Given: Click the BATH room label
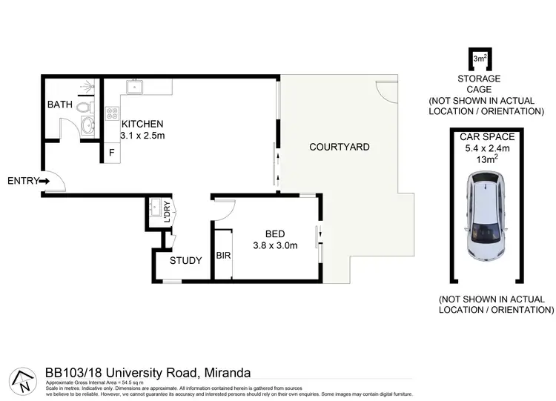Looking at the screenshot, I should [60, 105].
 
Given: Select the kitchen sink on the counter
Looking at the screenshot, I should [136, 88].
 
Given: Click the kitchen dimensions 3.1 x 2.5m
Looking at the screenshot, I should [142, 136].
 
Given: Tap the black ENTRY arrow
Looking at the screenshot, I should [44, 180].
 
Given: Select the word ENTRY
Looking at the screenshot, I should [21, 180].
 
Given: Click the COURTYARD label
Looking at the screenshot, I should [339, 147].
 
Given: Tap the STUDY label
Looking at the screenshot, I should [185, 260].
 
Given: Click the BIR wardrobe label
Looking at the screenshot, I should [222, 256].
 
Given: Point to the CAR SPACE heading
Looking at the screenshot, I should [485, 137].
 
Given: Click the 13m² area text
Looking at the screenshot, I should [485, 159].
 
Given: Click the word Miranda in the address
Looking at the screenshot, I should [225, 372].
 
